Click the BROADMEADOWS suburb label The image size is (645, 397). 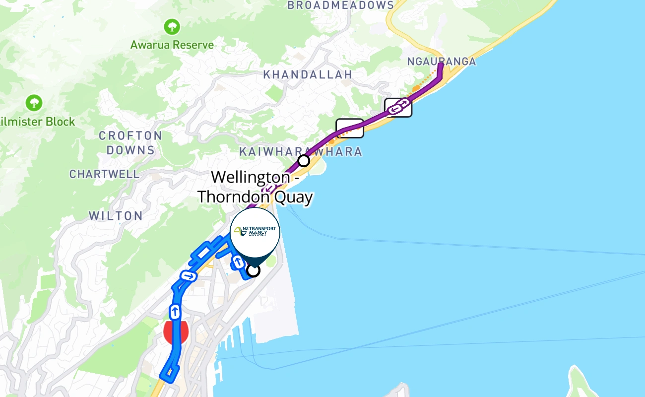coord(340,5)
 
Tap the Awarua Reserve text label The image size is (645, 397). coord(172,45)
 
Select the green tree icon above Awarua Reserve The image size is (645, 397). coord(172,26)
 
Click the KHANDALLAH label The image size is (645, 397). coord(308,74)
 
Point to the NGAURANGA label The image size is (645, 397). coord(441,62)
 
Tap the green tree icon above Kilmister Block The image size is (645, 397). coord(34,103)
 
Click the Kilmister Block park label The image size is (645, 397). coord(38,122)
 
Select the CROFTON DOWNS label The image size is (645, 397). coord(130,142)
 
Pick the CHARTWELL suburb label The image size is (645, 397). coord(104,174)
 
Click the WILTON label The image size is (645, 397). coord(116,216)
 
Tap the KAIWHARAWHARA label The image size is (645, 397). coord(301,151)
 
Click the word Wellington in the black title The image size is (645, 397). coord(251,177)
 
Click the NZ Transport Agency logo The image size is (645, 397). coord(255,232)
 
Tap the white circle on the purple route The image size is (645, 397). coord(304,161)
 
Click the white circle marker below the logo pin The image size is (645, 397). coord(254,270)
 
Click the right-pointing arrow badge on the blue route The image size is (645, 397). coord(188,275)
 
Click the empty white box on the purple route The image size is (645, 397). coord(350,128)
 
